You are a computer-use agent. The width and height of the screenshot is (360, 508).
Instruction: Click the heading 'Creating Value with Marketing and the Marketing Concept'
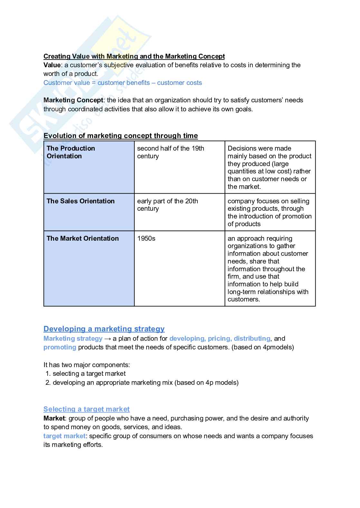(x=134, y=56)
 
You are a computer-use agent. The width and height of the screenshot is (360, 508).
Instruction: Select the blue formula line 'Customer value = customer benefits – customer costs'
(x=123, y=83)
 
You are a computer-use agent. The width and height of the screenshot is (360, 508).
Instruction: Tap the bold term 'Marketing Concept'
(x=73, y=100)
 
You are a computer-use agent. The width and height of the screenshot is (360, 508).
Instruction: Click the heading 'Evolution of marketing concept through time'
(x=120, y=136)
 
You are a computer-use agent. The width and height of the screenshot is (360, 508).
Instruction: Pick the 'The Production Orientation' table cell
(x=71, y=152)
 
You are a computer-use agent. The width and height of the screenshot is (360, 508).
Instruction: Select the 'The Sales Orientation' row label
(x=81, y=201)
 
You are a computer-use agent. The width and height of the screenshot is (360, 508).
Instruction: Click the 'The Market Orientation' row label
(x=82, y=238)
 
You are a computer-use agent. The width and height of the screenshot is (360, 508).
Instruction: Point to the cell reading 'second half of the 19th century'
(x=170, y=152)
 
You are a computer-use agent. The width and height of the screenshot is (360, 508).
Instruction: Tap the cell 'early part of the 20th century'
(x=167, y=205)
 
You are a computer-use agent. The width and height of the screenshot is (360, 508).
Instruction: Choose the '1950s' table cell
(x=146, y=238)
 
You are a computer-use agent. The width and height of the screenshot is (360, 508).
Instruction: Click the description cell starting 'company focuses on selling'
(x=270, y=212)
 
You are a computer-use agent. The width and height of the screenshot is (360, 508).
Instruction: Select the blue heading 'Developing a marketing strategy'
(x=104, y=329)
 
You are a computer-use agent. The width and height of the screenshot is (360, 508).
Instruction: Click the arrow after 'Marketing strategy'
(x=108, y=338)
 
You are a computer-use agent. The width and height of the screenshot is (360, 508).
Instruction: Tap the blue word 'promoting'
(x=60, y=347)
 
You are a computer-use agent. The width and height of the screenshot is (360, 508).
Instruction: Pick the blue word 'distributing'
(x=252, y=338)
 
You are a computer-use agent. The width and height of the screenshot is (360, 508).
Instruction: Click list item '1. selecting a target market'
(x=86, y=374)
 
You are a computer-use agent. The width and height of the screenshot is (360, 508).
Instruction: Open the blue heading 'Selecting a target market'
(x=87, y=409)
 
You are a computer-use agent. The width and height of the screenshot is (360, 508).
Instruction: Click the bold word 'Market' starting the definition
(x=54, y=418)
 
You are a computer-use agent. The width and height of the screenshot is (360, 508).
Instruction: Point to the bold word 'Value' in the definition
(x=52, y=65)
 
